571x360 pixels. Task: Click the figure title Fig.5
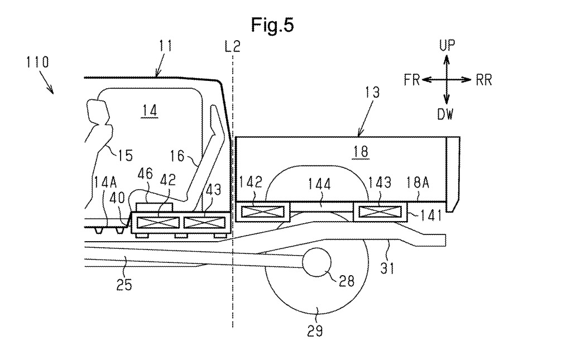point(272,25)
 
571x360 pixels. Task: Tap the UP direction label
point(447,45)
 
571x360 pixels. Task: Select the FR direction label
point(412,80)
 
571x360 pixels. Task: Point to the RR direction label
point(484,80)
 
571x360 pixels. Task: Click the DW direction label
point(445,114)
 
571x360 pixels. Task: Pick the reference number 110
point(37,63)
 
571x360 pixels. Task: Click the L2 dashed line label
point(232,46)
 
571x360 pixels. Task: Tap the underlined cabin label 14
point(150,111)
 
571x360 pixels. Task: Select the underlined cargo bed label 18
point(361,151)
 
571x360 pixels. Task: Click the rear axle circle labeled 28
point(316,262)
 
